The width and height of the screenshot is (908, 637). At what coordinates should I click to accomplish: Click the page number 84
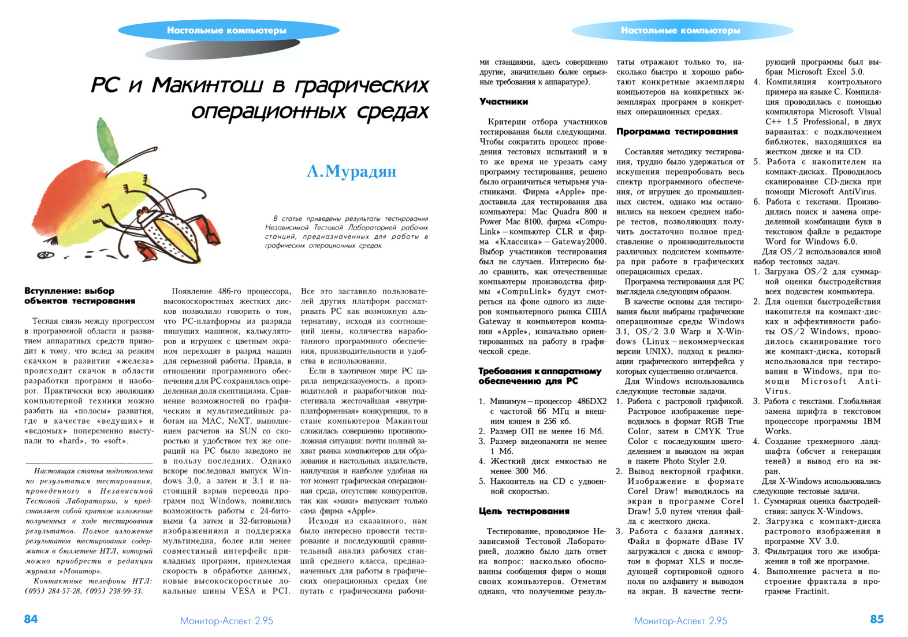(31, 619)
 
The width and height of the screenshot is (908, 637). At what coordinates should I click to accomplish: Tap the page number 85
(876, 619)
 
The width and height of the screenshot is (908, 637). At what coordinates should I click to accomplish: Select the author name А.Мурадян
(351, 171)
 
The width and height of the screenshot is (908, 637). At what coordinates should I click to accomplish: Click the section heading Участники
(504, 102)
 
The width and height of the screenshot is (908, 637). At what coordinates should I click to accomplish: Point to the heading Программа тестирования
(677, 132)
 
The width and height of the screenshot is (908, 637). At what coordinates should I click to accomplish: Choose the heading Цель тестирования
(524, 511)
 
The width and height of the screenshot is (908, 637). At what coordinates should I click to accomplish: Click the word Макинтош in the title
(210, 86)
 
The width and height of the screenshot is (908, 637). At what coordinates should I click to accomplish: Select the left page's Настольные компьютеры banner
(226, 31)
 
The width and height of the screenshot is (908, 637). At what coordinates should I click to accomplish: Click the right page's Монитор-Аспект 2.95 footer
(680, 621)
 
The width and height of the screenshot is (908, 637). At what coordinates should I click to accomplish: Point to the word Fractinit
(812, 591)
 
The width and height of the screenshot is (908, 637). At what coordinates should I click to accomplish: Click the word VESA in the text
(243, 591)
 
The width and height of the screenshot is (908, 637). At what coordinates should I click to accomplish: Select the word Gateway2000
(579, 242)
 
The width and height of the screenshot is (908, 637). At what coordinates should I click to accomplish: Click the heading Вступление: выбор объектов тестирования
(80, 296)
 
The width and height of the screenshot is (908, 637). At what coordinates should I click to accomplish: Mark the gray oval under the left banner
(222, 49)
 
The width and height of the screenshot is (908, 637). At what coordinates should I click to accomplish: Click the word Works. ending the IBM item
(778, 431)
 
